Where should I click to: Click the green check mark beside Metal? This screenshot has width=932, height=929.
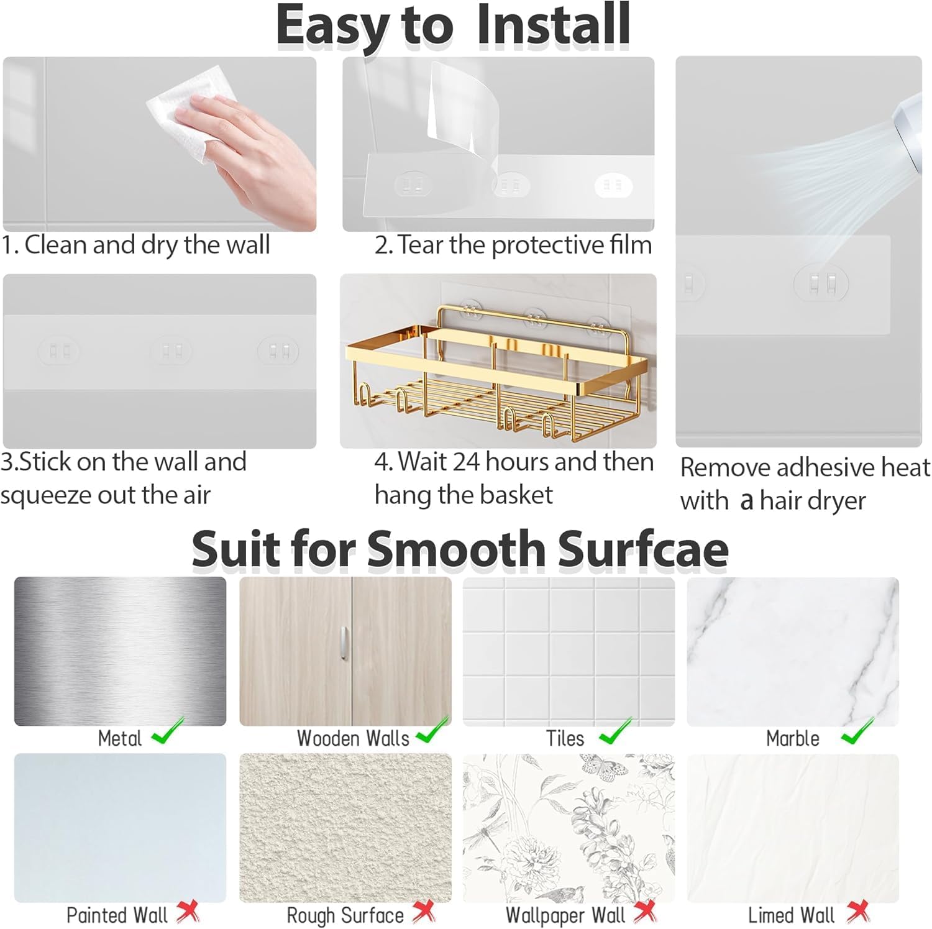tap(168, 731)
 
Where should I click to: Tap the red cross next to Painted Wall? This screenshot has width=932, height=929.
tap(188, 912)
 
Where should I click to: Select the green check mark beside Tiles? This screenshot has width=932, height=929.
tap(615, 731)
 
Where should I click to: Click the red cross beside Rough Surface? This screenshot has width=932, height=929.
tap(424, 912)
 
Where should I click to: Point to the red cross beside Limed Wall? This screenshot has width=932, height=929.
tap(858, 912)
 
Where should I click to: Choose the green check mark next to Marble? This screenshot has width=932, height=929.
tap(857, 731)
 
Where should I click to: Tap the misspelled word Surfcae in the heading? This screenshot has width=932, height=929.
tap(643, 549)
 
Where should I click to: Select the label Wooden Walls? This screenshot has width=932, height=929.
tap(353, 738)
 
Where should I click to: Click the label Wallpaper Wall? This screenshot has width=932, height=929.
tap(565, 915)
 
